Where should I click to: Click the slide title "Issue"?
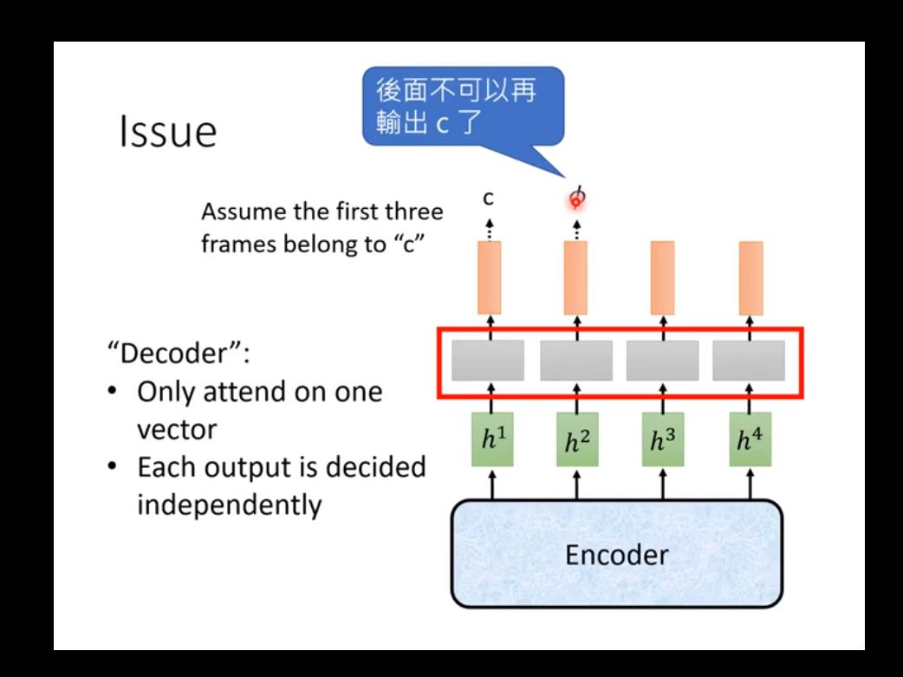(x=167, y=132)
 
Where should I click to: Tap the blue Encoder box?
(x=617, y=554)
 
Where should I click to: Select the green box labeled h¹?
(x=492, y=439)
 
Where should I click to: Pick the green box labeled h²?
(x=577, y=439)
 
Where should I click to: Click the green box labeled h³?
(x=663, y=439)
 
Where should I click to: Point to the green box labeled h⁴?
(x=750, y=439)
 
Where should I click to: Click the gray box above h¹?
(x=488, y=360)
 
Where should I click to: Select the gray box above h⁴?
(x=749, y=360)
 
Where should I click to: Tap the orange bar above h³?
(x=662, y=277)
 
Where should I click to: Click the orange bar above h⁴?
(x=750, y=277)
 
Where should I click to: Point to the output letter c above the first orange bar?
(x=489, y=199)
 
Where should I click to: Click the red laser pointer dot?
(x=575, y=202)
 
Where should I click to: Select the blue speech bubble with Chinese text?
(x=463, y=106)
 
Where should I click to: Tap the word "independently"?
(x=229, y=504)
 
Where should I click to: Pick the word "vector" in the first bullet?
(x=177, y=430)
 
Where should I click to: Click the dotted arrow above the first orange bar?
(x=489, y=230)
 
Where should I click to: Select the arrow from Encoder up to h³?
(x=663, y=484)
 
